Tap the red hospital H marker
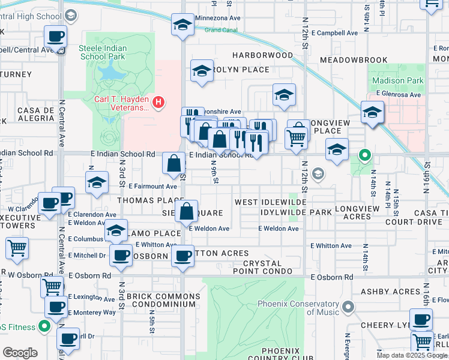pos(158,103)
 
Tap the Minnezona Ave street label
pos(218,19)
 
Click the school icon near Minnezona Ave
pos(182,25)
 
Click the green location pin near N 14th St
pos(364,157)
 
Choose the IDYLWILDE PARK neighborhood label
pos(297,213)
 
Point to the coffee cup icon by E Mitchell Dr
pos(121,255)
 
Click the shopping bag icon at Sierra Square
pos(187,211)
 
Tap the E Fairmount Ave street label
pos(152,187)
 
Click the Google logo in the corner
pos(20,353)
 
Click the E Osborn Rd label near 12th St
pos(331,277)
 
